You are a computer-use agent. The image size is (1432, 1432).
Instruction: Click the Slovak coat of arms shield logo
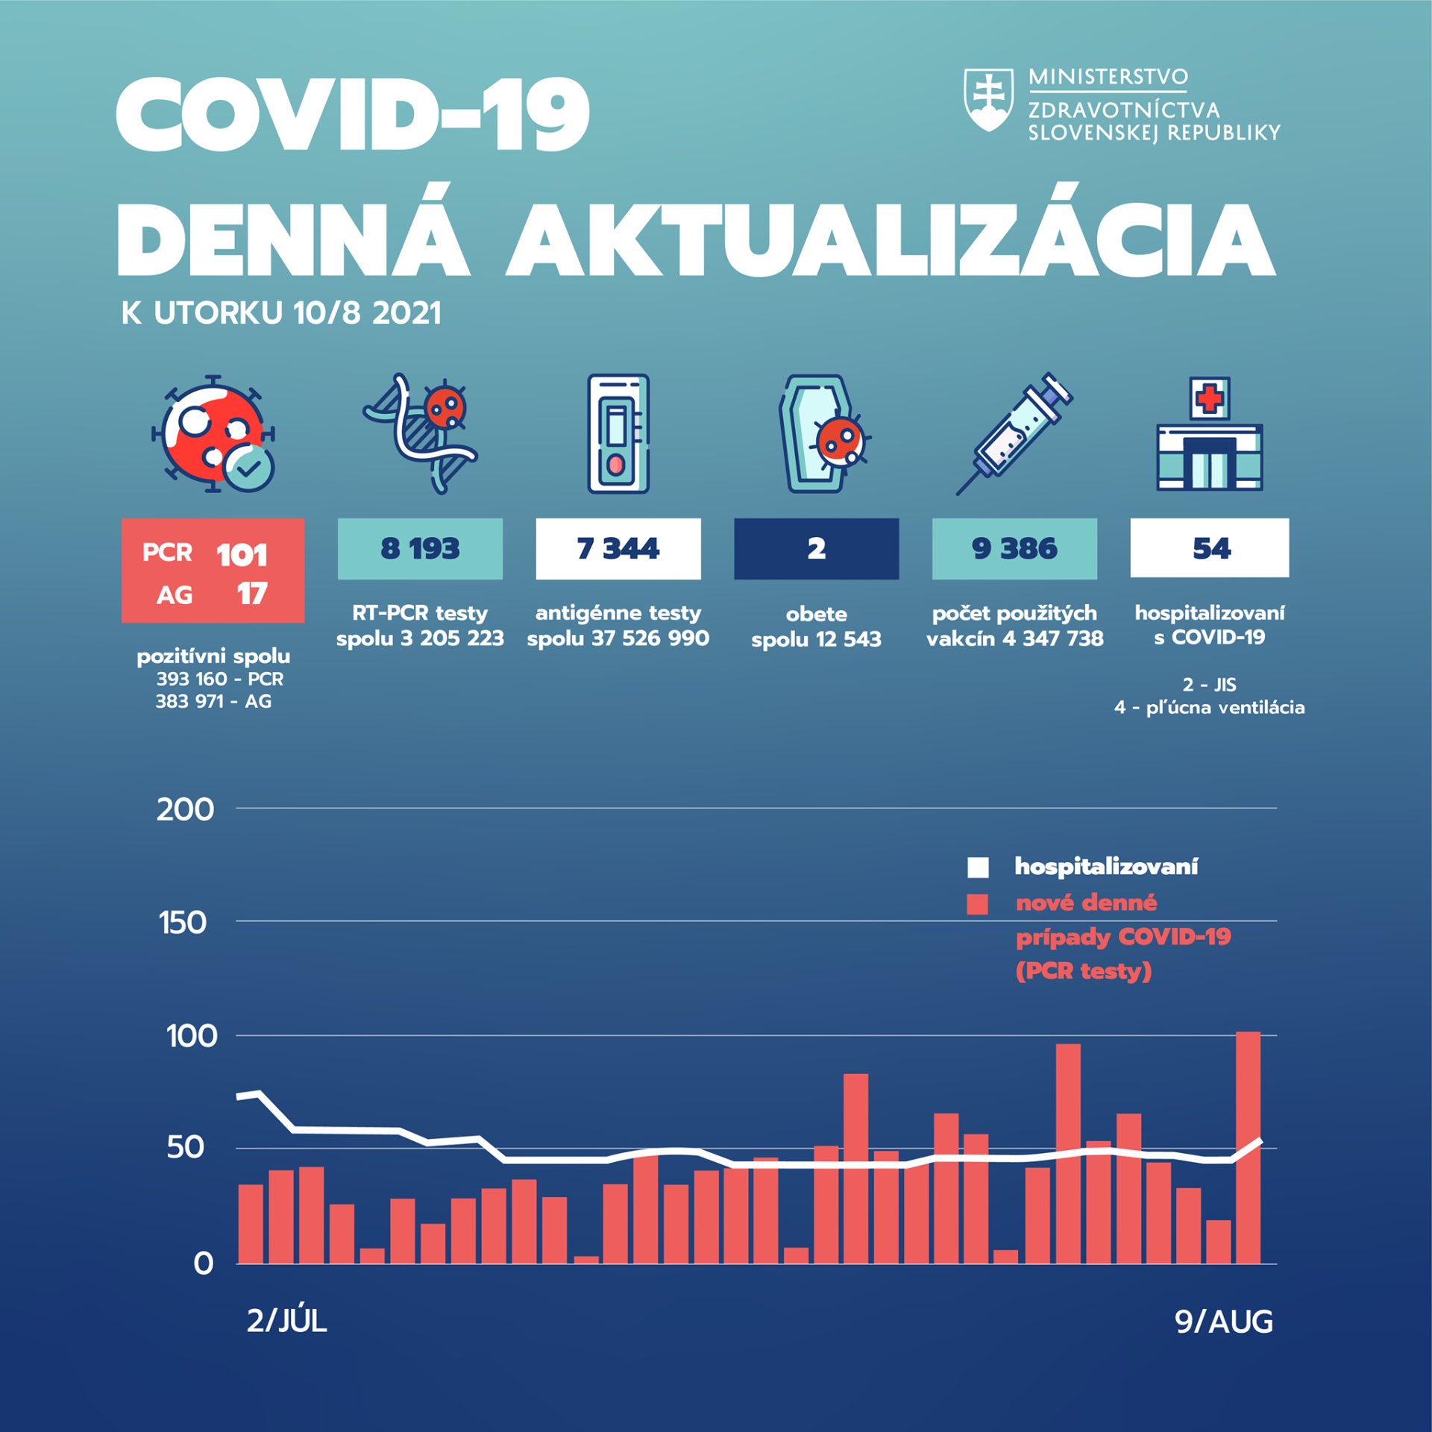[988, 100]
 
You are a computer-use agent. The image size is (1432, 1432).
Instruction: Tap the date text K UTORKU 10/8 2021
[281, 313]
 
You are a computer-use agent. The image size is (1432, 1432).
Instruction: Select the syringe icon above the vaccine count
[1014, 433]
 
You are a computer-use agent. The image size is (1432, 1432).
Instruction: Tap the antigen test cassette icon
[618, 433]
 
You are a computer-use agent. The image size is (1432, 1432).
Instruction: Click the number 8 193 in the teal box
[420, 549]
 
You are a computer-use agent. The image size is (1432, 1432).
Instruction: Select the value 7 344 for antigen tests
[618, 549]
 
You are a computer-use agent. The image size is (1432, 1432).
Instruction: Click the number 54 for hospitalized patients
[1210, 549]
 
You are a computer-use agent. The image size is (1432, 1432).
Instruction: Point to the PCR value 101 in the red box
[242, 555]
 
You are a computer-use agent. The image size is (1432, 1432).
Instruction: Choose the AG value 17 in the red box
[252, 594]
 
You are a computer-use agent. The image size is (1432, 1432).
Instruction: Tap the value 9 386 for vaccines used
[1014, 549]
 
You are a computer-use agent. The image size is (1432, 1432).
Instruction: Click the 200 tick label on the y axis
[186, 809]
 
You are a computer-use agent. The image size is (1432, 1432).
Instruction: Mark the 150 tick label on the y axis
[183, 923]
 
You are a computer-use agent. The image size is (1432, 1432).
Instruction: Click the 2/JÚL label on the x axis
[287, 1321]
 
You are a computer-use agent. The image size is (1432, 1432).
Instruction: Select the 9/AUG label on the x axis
[1224, 1322]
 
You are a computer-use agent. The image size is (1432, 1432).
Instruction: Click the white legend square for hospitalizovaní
[978, 867]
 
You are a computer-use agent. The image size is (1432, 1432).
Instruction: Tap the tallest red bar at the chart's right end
[1249, 1149]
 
